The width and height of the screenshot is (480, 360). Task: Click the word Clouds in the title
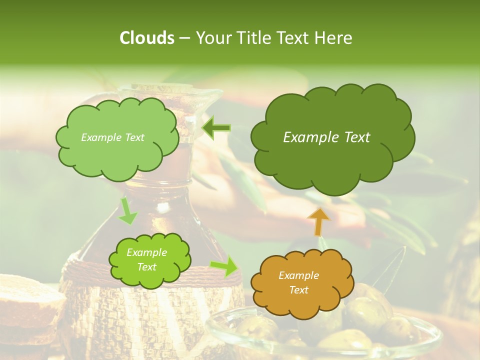coord(146,38)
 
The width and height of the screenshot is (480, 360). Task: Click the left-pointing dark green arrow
coord(216,128)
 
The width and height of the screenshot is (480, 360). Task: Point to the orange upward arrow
coord(318,221)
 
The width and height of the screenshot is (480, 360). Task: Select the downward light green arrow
coord(127,211)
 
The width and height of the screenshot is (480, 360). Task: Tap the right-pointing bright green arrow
coord(224,267)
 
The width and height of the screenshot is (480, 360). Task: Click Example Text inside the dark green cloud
coord(326,137)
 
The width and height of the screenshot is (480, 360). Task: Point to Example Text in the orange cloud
coord(298,282)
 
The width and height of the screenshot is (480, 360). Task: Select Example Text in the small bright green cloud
coord(146,260)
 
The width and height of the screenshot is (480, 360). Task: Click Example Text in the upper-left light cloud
coord(112,137)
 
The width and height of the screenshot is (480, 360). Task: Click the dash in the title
coord(184,38)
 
